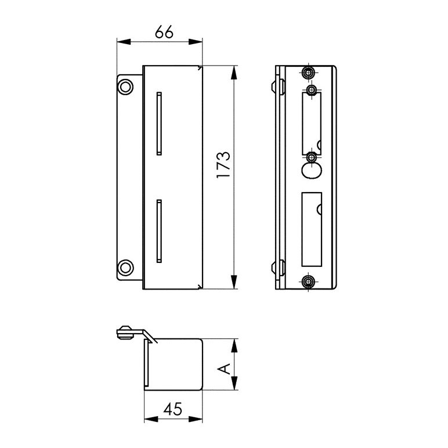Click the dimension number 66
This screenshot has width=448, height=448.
[164, 32]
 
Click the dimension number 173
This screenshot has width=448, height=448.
[223, 165]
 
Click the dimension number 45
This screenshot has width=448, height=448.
[172, 409]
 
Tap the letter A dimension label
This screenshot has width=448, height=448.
[224, 368]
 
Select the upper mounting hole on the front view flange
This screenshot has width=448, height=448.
[125, 86]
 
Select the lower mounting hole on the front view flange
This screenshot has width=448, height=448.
[125, 268]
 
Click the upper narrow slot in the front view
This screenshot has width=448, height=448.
[159, 124]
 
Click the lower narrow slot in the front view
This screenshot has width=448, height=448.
[159, 231]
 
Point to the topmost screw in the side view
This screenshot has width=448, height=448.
[309, 73]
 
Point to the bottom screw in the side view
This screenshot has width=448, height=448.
[309, 282]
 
